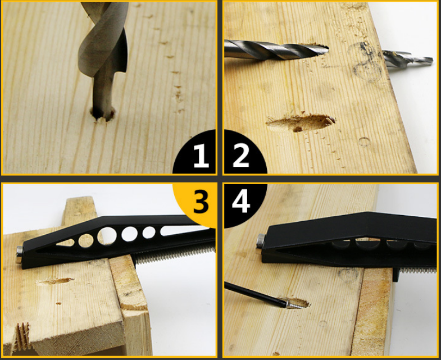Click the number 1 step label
[x=201, y=156]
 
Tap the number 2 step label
[x=241, y=156]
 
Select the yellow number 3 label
[x=201, y=200]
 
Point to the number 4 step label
[x=241, y=200]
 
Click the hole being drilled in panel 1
[x=103, y=114]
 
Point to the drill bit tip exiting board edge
[x=408, y=60]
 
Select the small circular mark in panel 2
[x=365, y=142]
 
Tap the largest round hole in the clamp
[x=107, y=236]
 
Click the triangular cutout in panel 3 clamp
[x=66, y=243]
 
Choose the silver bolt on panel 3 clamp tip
[x=19, y=254]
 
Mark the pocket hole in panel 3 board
[x=56, y=281]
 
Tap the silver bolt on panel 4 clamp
[x=260, y=241]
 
